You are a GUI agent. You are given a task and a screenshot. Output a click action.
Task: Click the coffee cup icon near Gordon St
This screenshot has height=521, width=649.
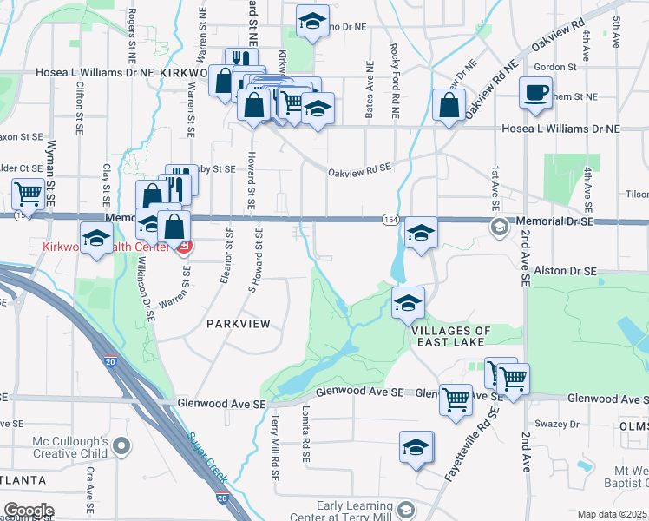535,91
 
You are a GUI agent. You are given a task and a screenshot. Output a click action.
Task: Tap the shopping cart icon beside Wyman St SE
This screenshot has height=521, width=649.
29,194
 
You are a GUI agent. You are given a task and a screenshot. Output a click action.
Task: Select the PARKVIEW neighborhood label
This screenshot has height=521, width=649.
239,323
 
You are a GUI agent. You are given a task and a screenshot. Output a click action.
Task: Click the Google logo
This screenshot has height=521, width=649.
29,511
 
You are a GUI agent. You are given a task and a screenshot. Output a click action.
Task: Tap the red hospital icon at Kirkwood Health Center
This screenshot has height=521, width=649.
183,247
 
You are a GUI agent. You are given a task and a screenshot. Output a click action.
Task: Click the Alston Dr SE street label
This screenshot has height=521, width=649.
565,272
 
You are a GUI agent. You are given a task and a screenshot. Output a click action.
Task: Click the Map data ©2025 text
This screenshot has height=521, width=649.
612,514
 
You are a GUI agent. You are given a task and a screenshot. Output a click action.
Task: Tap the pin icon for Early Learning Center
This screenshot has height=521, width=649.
404,507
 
